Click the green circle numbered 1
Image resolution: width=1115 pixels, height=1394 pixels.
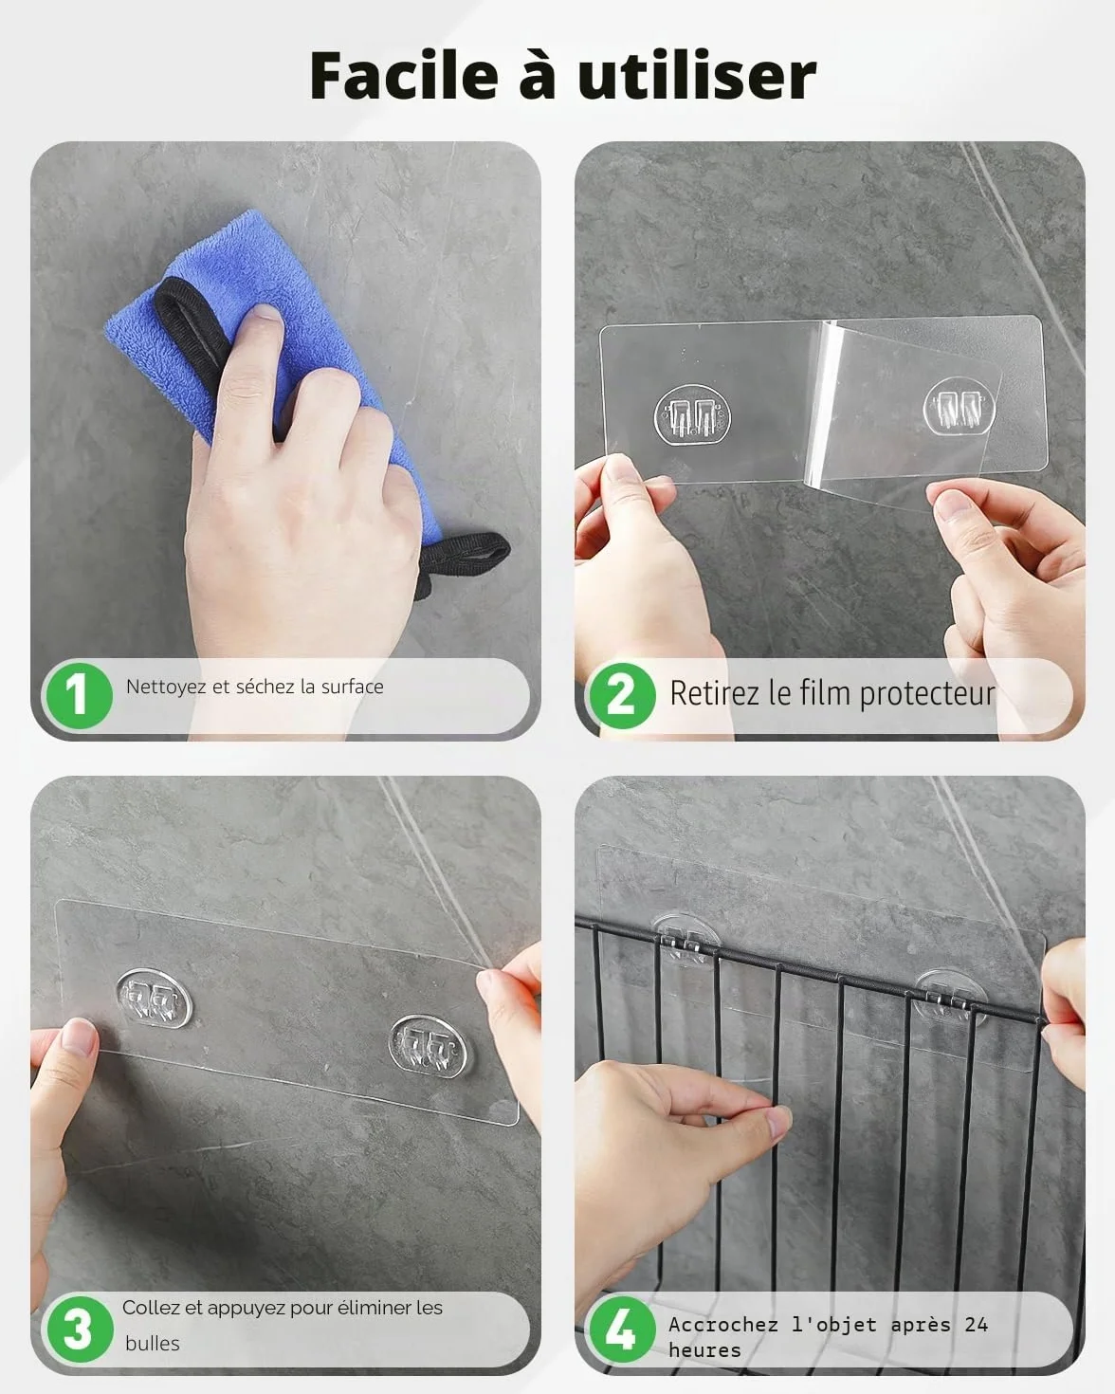(x=79, y=696)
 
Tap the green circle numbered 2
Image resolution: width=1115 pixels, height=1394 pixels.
(x=622, y=696)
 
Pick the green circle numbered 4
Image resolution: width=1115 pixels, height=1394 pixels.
(x=622, y=1330)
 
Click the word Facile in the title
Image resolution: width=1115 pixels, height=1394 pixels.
(x=404, y=75)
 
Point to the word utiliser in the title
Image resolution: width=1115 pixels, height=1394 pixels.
(x=697, y=75)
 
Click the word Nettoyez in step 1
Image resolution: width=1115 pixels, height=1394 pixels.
(x=165, y=687)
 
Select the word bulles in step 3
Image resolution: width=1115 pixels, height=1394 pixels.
(x=153, y=1344)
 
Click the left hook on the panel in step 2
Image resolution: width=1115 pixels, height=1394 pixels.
(x=692, y=416)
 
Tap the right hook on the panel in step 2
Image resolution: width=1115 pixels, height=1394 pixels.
(x=959, y=406)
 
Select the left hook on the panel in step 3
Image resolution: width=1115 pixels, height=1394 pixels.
(x=155, y=999)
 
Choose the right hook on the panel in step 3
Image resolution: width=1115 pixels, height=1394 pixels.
(x=428, y=1043)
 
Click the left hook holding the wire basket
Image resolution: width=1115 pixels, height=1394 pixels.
(x=685, y=940)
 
